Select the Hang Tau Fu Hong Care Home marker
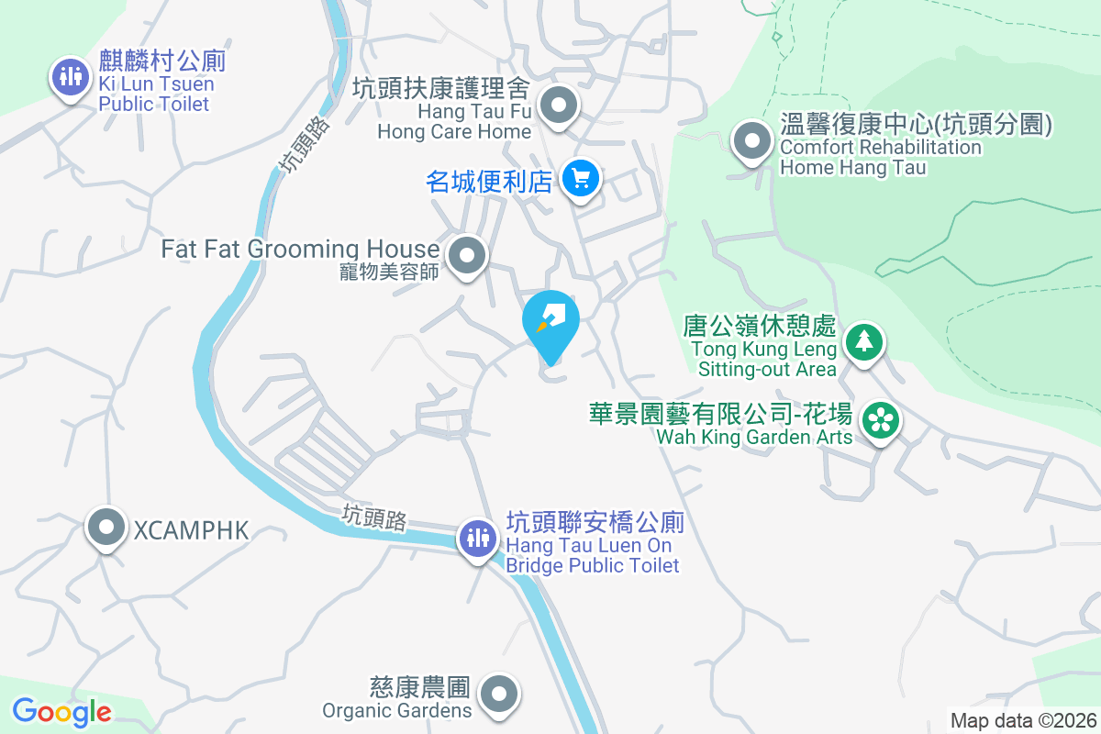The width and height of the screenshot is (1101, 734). point(558,106)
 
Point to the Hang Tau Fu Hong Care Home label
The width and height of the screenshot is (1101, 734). point(454,110)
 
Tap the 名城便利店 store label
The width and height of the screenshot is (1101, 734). point(489,181)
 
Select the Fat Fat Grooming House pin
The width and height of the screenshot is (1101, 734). point(467,254)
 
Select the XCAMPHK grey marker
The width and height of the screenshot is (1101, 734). point(106,528)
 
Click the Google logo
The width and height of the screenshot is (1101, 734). point(61,712)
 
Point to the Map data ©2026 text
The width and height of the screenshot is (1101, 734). point(1023,721)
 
